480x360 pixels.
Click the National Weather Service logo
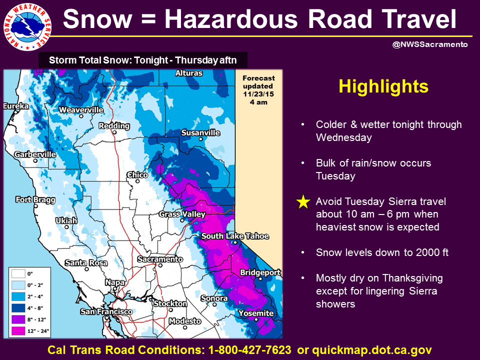[27, 27]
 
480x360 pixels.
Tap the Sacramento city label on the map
[160, 259]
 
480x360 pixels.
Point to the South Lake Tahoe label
[235, 236]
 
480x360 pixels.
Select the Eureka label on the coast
[16, 106]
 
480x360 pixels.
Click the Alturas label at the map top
[189, 73]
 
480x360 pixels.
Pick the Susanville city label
[200, 133]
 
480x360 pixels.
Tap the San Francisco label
[106, 311]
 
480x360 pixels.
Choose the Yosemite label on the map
[256, 313]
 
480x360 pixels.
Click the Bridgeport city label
[260, 272]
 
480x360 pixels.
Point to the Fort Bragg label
[35, 200]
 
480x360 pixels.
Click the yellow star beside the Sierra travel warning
[303, 202]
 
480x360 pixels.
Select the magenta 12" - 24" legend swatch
[18, 331]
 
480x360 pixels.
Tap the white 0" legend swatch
[18, 273]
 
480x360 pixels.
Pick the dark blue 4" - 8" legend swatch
[18, 308]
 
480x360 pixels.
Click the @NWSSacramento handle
[430, 44]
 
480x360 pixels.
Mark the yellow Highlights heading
[383, 86]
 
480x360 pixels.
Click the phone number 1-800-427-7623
[250, 350]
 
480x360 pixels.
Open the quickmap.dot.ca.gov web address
[372, 350]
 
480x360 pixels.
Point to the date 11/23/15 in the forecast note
[258, 94]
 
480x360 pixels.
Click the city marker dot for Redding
[114, 132]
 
